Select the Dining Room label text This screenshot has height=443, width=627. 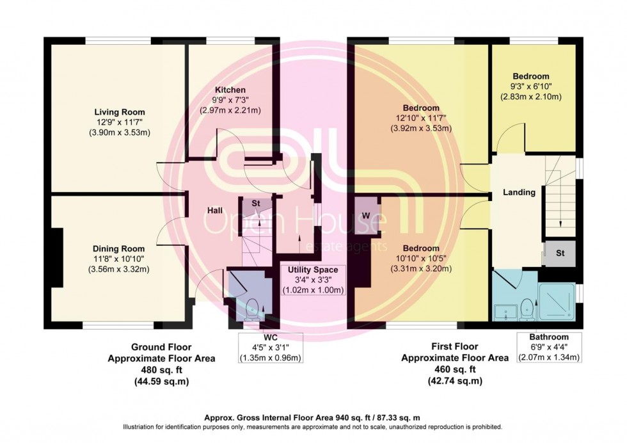(119, 248)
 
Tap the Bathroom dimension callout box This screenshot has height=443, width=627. (549, 347)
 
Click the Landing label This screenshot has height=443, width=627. (519, 192)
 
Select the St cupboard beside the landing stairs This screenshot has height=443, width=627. (559, 254)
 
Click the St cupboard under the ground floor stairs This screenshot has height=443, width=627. (255, 204)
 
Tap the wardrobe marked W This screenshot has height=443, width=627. (366, 215)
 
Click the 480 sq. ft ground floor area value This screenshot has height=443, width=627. (161, 370)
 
